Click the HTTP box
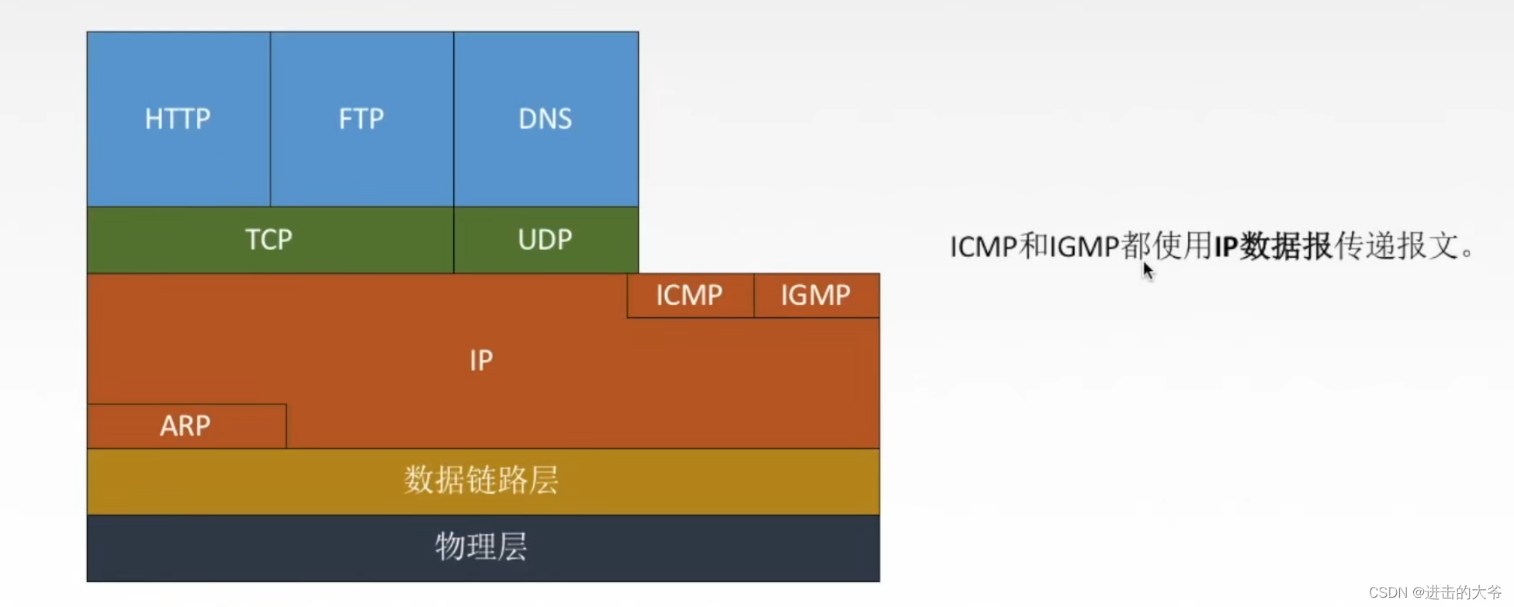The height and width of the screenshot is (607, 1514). [x=178, y=119]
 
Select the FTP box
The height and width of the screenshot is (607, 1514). [x=362, y=119]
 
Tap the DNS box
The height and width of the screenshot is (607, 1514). [x=546, y=119]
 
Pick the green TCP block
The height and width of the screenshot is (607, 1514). [x=269, y=240]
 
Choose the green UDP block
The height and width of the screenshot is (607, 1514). [x=546, y=240]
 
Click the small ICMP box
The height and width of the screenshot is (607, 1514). [x=689, y=295]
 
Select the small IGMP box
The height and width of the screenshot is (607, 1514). [x=816, y=295]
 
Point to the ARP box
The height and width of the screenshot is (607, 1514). [x=185, y=425]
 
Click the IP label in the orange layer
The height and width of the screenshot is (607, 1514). [x=481, y=360]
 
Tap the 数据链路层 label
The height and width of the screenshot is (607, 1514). [x=481, y=480]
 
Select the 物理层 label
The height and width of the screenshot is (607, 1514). [x=481, y=547]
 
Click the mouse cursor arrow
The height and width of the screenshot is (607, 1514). [x=1148, y=270]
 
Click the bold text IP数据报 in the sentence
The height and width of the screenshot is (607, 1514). [x=1273, y=247]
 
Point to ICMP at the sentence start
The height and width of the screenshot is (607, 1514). [x=983, y=247]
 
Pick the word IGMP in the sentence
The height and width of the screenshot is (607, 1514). [x=1084, y=247]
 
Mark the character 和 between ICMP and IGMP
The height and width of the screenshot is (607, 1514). [x=1034, y=247]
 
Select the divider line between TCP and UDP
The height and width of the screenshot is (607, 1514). [x=454, y=240]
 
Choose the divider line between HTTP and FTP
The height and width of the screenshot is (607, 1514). [x=270, y=119]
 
